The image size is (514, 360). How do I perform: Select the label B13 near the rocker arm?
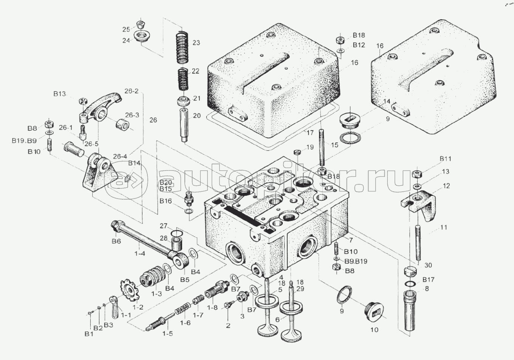point(59,94)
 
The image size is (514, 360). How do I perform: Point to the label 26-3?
point(132,115)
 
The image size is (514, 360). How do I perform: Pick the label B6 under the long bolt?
point(116,241)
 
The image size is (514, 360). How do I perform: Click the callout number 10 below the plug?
point(374,330)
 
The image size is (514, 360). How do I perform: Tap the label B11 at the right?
point(445,159)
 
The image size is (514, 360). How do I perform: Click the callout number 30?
point(428,265)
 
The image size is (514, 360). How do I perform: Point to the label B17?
point(428,280)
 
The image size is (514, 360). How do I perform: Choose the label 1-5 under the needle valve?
point(167,334)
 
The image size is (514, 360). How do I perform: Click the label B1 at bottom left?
point(88,334)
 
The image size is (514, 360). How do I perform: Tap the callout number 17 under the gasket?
point(310,133)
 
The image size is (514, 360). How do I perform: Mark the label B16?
point(166,201)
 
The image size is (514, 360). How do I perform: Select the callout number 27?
point(163,226)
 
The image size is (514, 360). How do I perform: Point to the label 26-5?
point(91,144)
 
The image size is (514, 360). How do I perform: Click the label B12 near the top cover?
point(359,45)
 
